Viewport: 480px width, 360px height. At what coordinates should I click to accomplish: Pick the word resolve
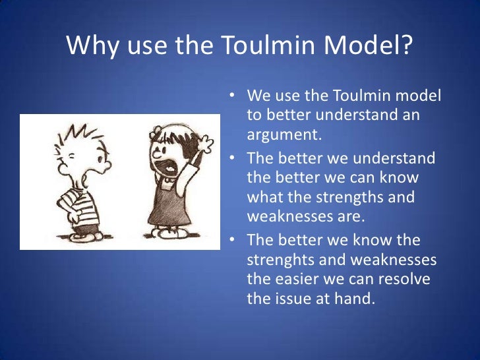406,279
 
